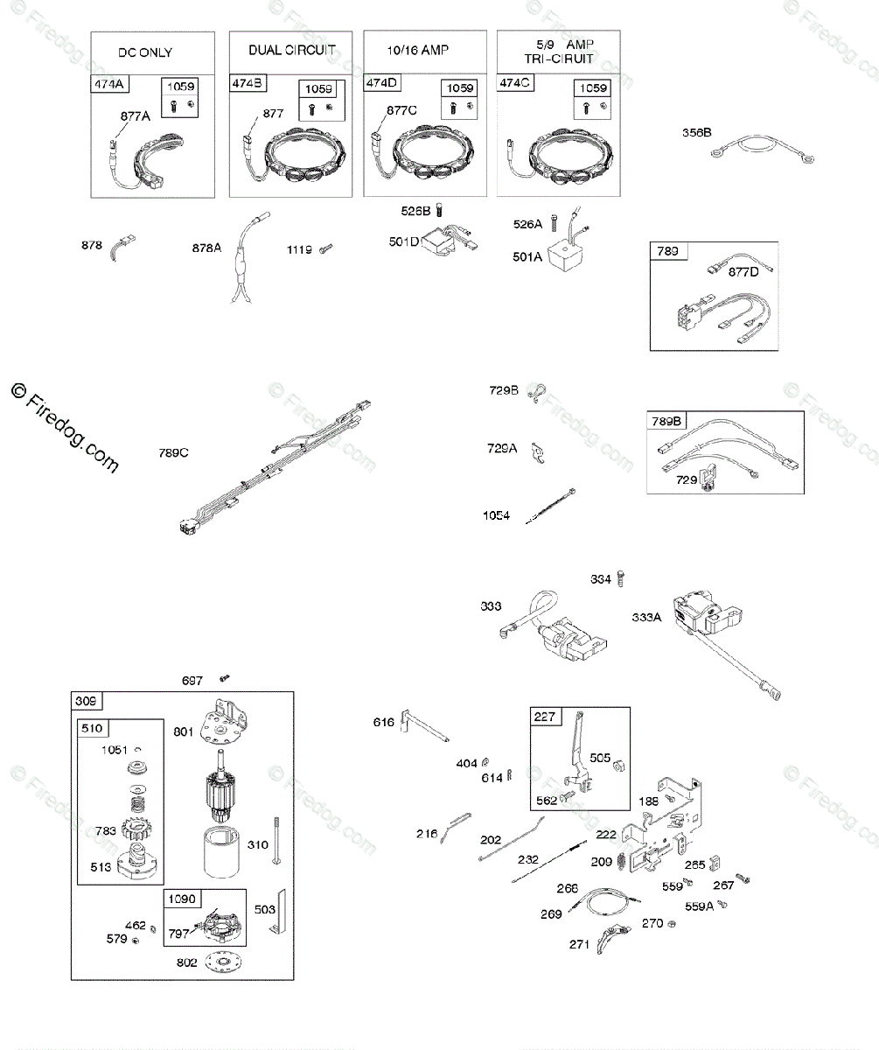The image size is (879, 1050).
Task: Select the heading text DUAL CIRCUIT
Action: tap(292, 50)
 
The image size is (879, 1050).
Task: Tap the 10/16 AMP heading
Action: tap(418, 50)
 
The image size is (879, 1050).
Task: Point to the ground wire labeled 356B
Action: tap(759, 150)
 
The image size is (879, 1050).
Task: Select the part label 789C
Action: tap(173, 452)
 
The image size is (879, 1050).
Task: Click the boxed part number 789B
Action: tap(665, 421)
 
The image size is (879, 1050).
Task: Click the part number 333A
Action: tap(647, 617)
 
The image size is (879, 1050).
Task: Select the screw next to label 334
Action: tap(622, 578)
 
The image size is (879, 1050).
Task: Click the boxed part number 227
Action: tap(544, 717)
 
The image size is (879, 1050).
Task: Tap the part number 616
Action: tap(383, 721)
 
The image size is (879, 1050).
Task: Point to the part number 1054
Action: tap(496, 515)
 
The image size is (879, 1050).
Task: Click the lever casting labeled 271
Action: tap(613, 939)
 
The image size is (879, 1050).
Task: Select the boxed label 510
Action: tap(93, 728)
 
